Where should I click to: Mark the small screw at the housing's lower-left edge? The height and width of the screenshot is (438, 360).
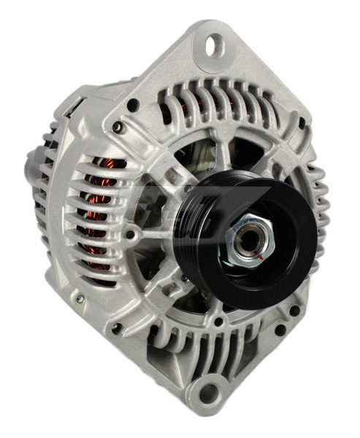pos(80,298)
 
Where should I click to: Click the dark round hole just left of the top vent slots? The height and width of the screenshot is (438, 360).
pos(133,104)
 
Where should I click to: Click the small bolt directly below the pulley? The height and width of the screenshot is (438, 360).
pos(217,322)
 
